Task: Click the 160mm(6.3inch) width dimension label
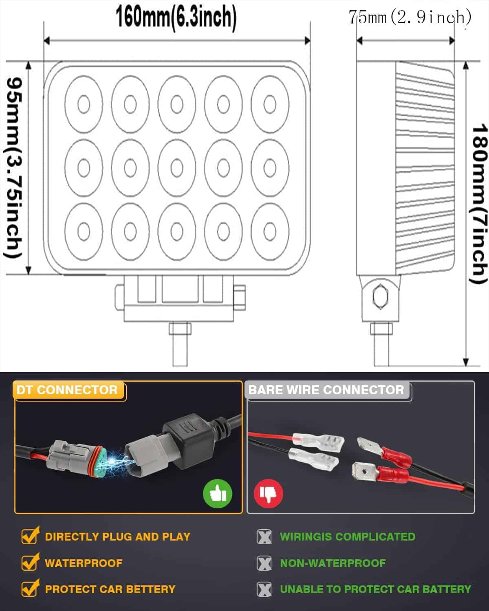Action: (176, 17)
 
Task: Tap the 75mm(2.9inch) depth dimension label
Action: (410, 17)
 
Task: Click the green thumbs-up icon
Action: (218, 494)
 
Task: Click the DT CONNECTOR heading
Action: (67, 390)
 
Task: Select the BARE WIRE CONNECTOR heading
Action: (326, 390)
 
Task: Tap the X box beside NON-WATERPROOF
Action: (264, 563)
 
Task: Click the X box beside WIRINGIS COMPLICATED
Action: (264, 537)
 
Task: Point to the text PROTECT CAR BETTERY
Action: (110, 589)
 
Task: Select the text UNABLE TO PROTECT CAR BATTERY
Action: (375, 589)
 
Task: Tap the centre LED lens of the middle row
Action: (177, 168)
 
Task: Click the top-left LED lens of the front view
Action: (84, 104)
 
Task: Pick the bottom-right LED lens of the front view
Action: (270, 231)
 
